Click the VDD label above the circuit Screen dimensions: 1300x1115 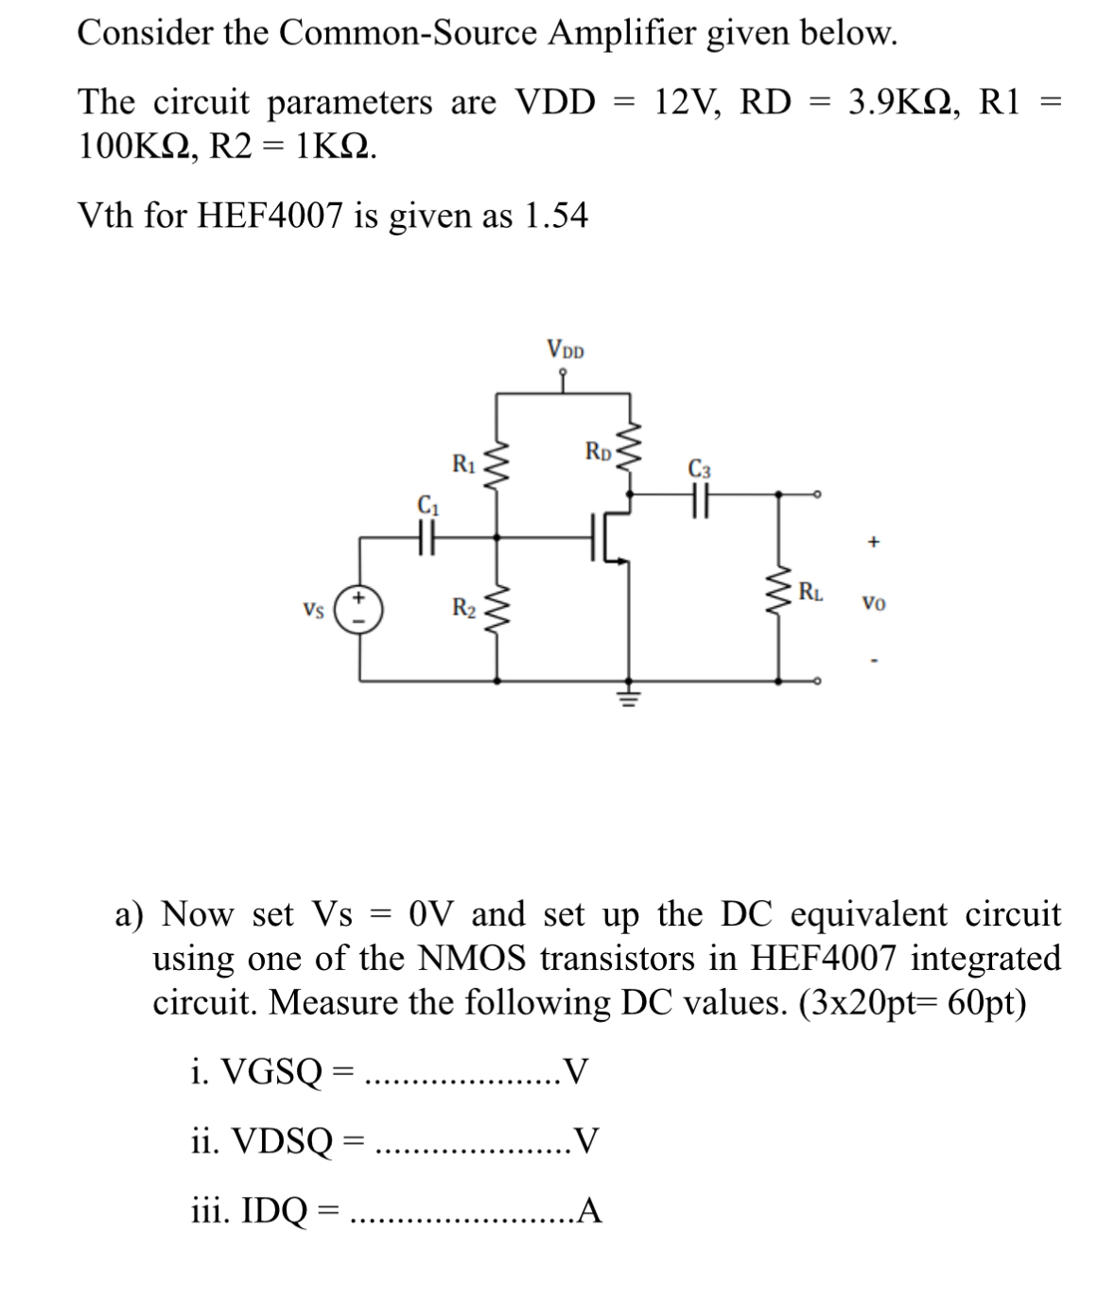565,350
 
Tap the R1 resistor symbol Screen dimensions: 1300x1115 497,468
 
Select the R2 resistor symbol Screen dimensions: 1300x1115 497,607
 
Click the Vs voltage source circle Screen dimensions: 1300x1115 360,607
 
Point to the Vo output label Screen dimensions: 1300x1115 873,602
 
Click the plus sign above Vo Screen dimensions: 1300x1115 873,543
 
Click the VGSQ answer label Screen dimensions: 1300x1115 270,1072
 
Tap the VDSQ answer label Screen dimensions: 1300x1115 275,1143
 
